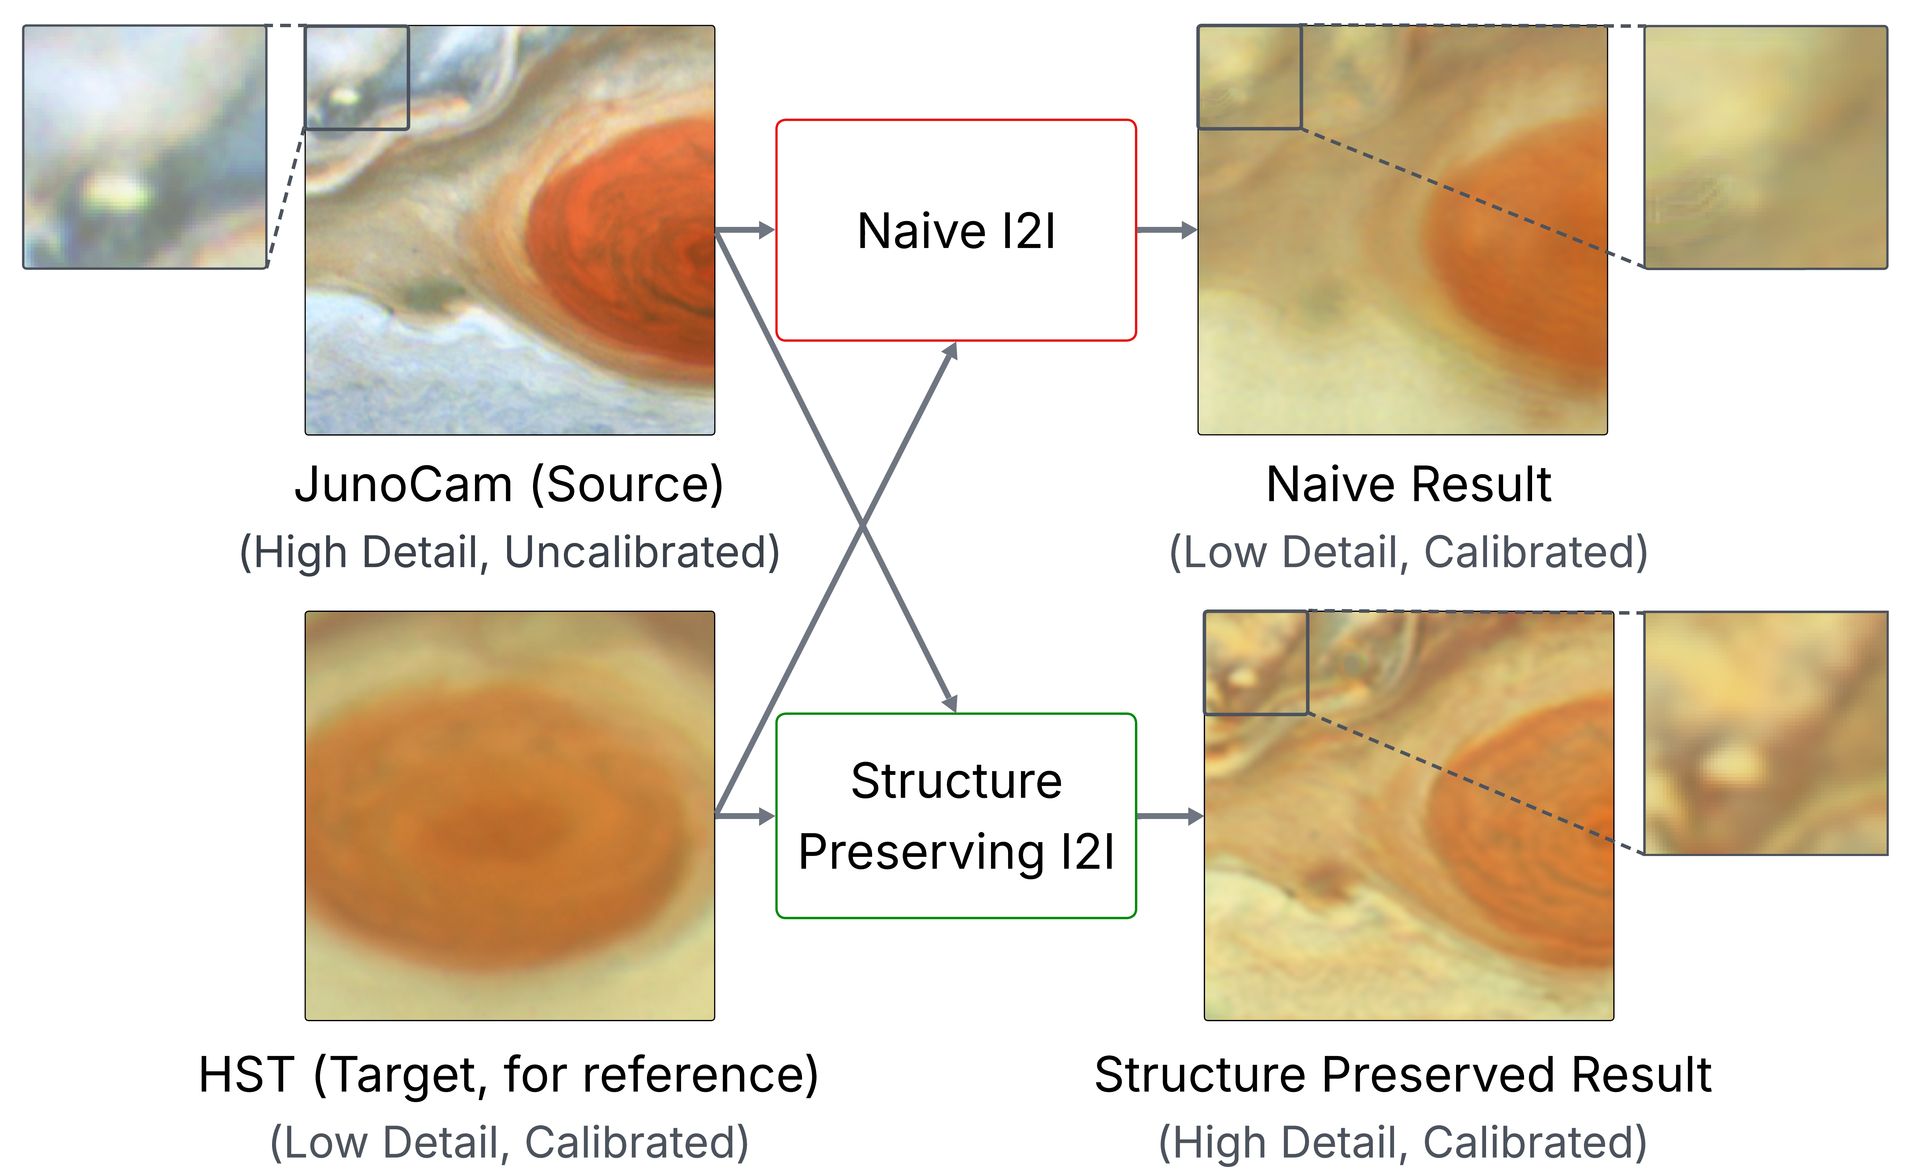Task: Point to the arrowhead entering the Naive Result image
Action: click(x=1189, y=230)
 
